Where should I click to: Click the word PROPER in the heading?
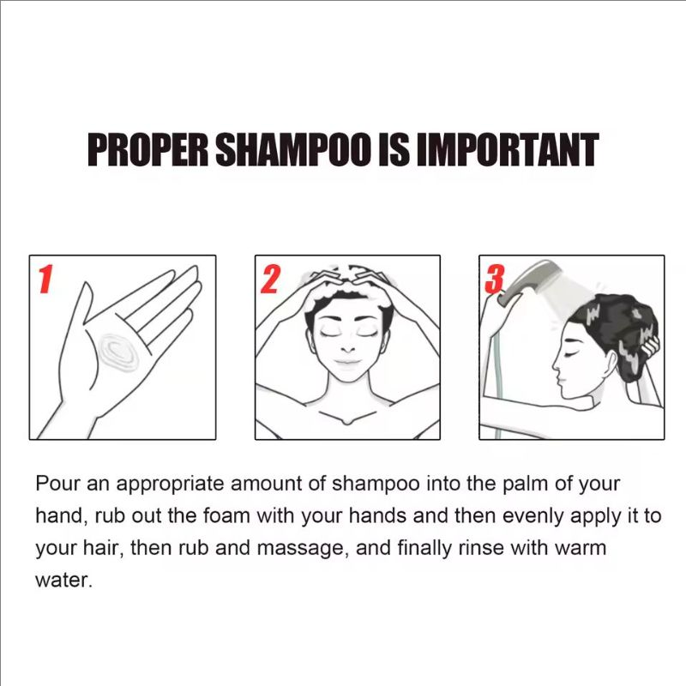[148, 149]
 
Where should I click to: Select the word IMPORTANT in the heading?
[507, 149]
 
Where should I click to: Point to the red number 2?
[270, 280]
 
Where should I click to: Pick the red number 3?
[495, 280]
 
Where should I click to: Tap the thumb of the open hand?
[85, 306]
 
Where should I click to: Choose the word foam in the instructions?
[226, 516]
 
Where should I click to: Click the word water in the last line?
[63, 581]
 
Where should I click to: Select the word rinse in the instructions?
[481, 548]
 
